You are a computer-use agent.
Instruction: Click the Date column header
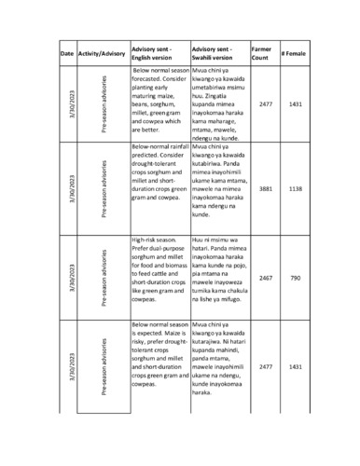tap(67, 55)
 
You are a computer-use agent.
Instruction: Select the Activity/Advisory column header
tap(103, 55)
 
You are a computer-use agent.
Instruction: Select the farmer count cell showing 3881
tap(265, 188)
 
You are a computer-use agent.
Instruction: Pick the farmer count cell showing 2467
tap(265, 278)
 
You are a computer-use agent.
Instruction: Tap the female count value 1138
tap(296, 188)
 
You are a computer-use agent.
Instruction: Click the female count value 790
tap(296, 278)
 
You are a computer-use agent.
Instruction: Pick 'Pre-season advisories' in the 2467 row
tap(104, 278)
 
